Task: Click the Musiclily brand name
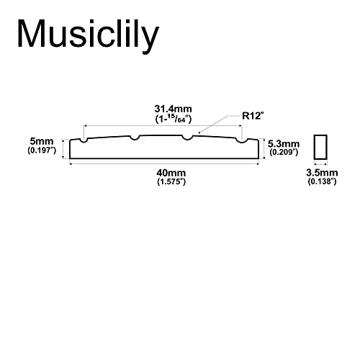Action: coord(88,35)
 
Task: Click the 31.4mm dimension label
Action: coord(173,109)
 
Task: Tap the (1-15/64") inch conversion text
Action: coord(173,119)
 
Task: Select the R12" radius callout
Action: coord(253,116)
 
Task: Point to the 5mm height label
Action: coord(42,141)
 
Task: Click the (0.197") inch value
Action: coord(42,150)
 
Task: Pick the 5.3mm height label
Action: coord(284,144)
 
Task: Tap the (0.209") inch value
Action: coord(284,152)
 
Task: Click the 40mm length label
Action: coord(171,173)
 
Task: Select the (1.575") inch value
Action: coord(171,181)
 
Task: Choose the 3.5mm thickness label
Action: coord(322,173)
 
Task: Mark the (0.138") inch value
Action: coord(322,181)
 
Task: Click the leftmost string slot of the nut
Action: coord(84,140)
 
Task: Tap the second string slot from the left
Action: coord(135,138)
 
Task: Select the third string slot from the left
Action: coord(187,138)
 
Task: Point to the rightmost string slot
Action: coord(242,140)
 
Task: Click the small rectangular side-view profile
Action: coord(320,147)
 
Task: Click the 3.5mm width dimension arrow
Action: coord(320,164)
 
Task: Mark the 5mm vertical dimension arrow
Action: coord(63,149)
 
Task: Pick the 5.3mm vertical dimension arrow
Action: coord(264,148)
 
